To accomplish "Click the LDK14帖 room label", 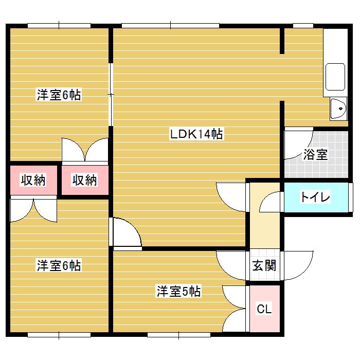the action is tap(196, 134).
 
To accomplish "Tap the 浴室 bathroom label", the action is tap(315, 154).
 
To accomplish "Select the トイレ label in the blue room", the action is tap(315, 197).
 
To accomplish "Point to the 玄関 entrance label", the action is tap(264, 265).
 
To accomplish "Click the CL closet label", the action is tap(264, 309).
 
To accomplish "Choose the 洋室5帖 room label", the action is tap(178, 291).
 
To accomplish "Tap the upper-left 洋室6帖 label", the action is tap(59, 95).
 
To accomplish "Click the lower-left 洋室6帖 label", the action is tap(59, 265).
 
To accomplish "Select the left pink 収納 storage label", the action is tap(33, 180).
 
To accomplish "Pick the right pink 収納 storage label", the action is tap(85, 180).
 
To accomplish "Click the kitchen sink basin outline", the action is tap(335, 77).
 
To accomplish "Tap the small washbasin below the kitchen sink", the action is tap(338, 109).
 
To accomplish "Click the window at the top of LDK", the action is tap(170, 26).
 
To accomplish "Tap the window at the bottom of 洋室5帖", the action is tap(179, 335).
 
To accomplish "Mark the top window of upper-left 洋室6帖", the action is tap(59, 26).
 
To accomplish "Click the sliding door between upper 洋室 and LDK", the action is tap(111, 94).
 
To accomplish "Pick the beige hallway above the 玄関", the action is tap(265, 216).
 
